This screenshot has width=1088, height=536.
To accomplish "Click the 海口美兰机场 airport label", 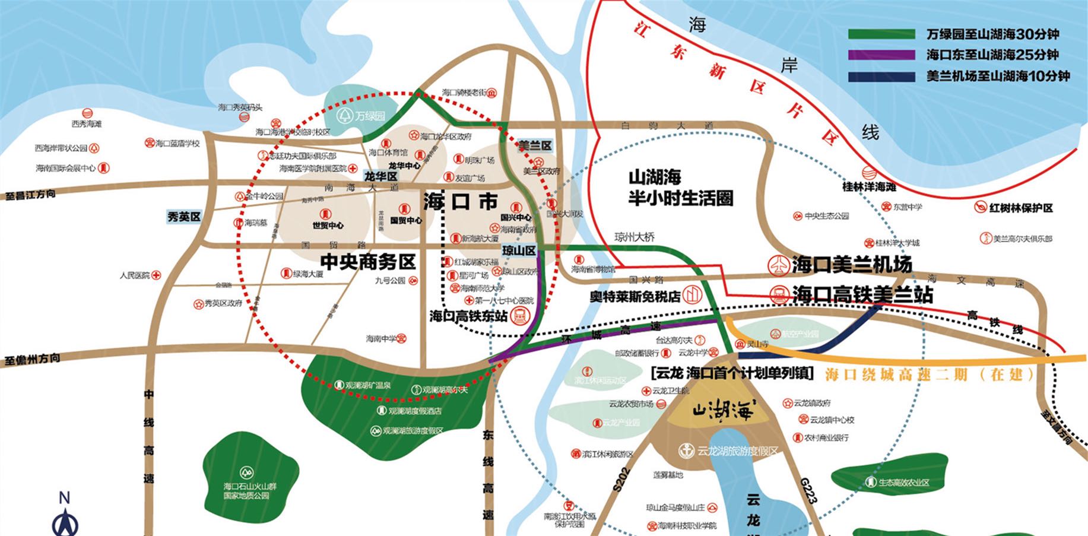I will [852, 265].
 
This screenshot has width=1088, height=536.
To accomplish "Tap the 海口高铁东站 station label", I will [469, 316].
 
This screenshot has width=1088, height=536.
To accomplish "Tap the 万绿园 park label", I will [370, 116].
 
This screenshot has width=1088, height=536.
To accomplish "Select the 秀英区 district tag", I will [183, 217].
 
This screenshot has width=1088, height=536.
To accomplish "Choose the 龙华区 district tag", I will [380, 176].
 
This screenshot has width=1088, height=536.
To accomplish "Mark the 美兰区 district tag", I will [535, 145].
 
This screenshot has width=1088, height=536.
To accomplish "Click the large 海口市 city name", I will [460, 202].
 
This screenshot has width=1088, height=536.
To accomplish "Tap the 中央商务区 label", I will [368, 262].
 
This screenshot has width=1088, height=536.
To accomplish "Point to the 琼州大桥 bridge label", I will [635, 237].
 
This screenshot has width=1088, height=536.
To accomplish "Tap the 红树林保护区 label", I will [1021, 208].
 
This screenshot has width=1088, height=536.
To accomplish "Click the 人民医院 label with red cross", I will [135, 275].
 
